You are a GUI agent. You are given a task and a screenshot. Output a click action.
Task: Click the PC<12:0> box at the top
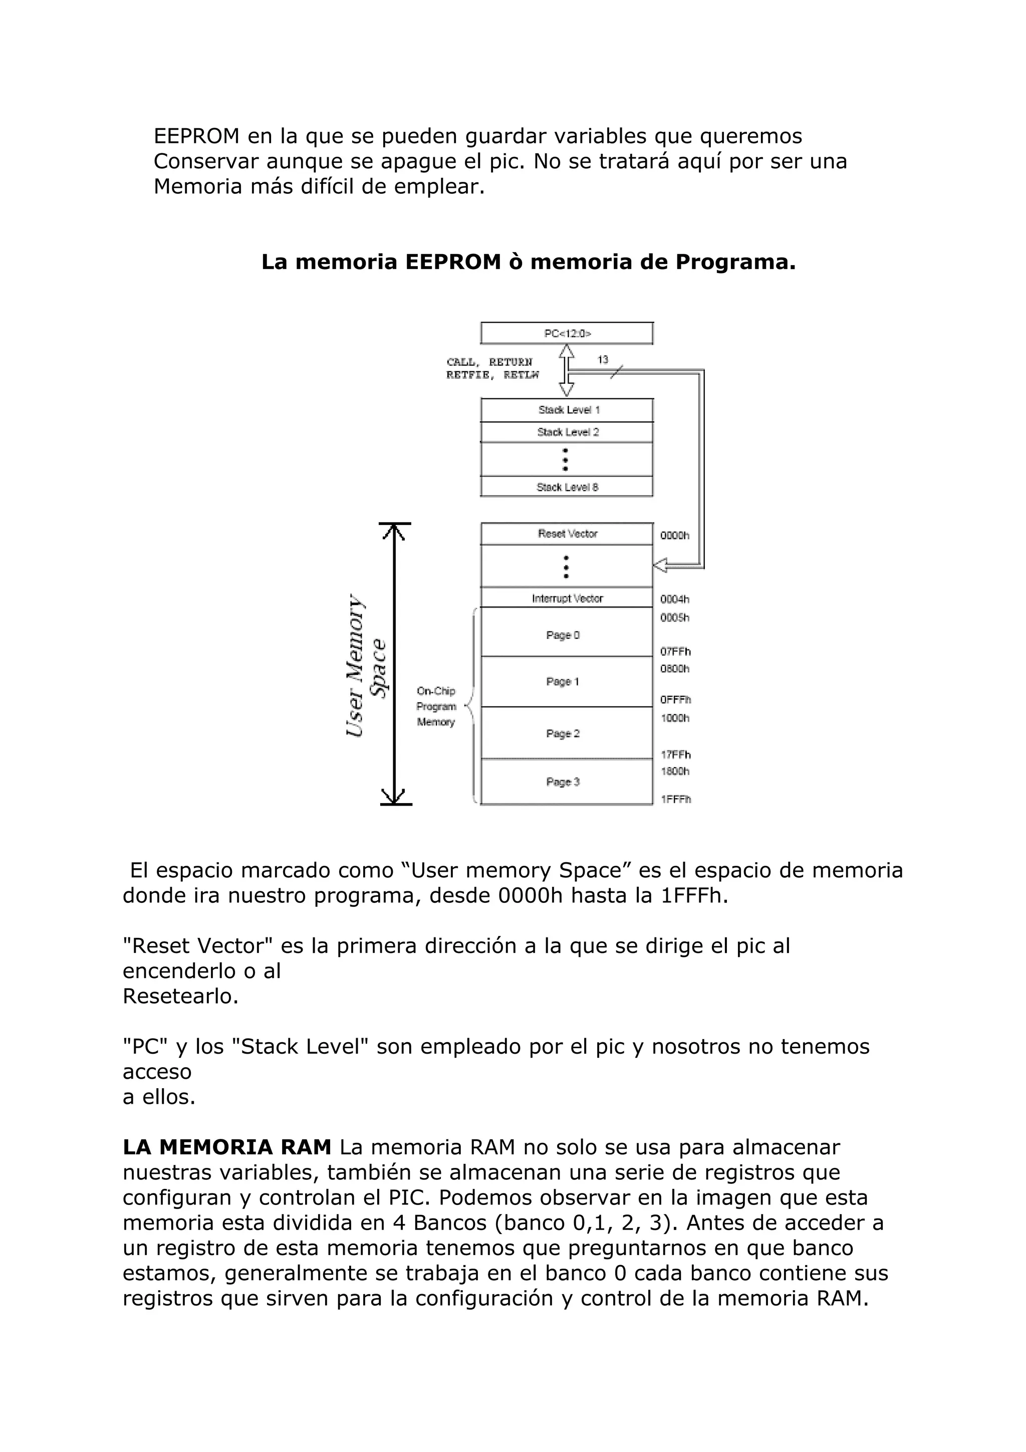[x=567, y=333]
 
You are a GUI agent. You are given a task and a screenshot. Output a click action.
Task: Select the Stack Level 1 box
[x=567, y=410]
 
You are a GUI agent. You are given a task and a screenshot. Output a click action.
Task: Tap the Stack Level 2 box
[x=567, y=432]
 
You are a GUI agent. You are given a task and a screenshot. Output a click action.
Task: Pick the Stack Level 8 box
[x=567, y=487]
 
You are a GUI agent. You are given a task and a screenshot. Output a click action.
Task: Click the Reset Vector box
[x=567, y=534]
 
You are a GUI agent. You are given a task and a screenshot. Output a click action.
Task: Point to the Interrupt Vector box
[x=567, y=598]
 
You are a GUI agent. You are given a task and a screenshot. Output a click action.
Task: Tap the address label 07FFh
[x=675, y=652]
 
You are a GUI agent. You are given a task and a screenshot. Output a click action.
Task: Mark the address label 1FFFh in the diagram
[x=676, y=799]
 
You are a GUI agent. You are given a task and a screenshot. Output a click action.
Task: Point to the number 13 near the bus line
[x=603, y=360]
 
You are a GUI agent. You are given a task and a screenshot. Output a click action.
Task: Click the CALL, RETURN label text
[x=489, y=362]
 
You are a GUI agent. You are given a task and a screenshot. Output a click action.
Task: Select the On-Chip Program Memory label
[x=436, y=706]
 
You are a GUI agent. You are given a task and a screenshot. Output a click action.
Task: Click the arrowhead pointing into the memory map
[x=660, y=565]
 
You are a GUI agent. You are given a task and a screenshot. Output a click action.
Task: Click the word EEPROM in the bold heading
[x=452, y=262]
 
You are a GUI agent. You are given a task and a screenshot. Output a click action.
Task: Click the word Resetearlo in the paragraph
[x=180, y=996]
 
